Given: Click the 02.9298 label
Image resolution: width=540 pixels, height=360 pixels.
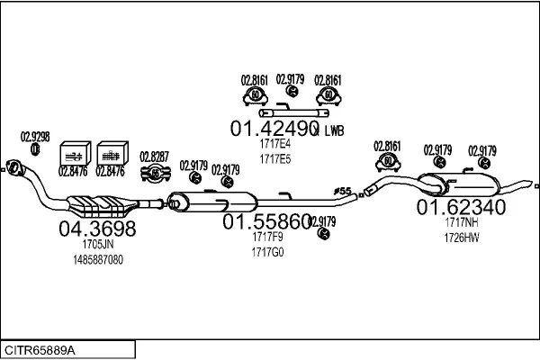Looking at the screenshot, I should click(x=35, y=137).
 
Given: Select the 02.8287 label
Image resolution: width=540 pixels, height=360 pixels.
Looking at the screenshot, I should click(x=154, y=157).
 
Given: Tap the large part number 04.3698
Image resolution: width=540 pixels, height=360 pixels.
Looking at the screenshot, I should click(x=97, y=229).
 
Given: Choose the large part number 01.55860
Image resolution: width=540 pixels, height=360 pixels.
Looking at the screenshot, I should click(x=267, y=221).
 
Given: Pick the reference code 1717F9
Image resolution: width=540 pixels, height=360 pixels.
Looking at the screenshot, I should click(x=268, y=238).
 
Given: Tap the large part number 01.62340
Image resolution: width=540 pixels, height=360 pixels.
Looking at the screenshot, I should click(x=460, y=208).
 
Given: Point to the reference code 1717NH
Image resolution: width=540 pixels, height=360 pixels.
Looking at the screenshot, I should click(x=460, y=223).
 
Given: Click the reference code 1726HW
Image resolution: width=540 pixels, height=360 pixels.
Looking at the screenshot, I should click(x=460, y=238).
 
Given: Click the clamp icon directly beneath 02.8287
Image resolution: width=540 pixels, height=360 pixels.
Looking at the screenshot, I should click(x=155, y=173).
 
